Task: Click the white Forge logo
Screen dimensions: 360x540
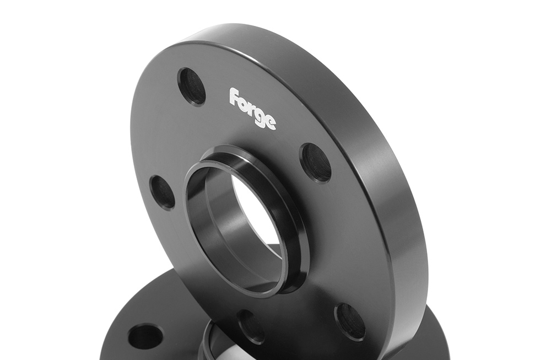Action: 253,108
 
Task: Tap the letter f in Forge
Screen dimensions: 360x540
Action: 234,96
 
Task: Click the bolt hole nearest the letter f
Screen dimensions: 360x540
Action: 191,87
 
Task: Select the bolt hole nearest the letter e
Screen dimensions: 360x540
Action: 316,162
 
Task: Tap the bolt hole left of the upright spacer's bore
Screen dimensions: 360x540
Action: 163,192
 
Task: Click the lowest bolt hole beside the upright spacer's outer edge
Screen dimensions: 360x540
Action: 350,321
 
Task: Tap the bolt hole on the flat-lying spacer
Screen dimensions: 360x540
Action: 145,336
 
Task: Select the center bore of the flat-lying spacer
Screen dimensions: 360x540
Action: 220,347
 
